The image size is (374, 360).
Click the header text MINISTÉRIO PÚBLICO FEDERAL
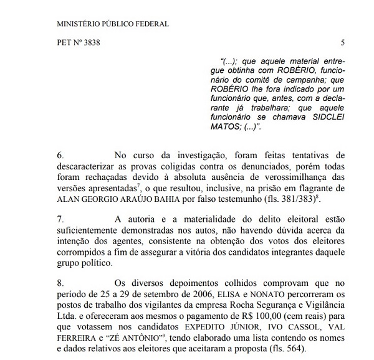pos(112,24)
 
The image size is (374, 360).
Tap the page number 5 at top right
pos(343,43)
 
